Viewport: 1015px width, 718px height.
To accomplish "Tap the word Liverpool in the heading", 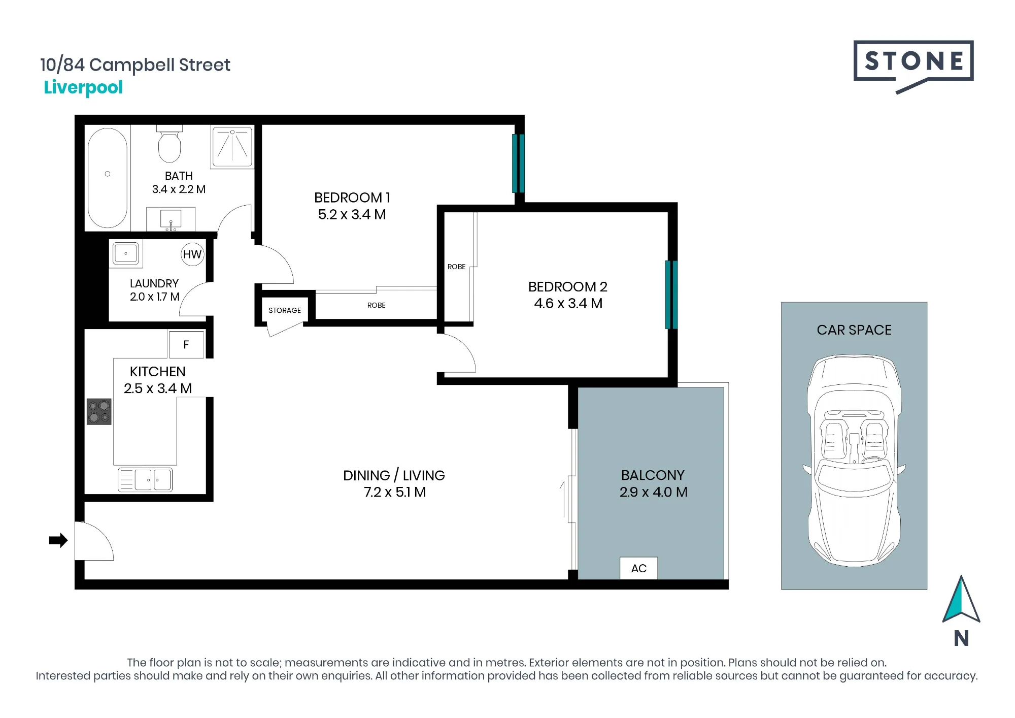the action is coord(83,88).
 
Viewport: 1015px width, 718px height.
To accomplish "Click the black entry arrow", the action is coord(58,540).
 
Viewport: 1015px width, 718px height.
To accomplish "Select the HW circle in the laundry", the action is coord(192,254).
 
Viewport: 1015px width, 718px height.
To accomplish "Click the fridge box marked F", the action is coord(186,345).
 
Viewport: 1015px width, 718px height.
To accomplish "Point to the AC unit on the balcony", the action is coord(639,568).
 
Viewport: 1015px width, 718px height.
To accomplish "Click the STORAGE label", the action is coord(285,310).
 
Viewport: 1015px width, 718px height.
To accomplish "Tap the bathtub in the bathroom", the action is coord(108,178).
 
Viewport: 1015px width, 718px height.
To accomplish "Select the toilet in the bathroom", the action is coord(170,144).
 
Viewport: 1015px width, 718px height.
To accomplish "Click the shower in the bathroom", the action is coord(232,147).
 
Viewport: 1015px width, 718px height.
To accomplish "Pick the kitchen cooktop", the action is coord(99,411).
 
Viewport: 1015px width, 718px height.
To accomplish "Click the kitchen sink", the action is coord(145,479).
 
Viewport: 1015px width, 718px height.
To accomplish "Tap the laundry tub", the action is coord(126,253).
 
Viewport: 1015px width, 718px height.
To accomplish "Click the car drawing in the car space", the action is coord(855,461).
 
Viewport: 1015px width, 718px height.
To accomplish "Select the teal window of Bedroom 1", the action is coord(518,163).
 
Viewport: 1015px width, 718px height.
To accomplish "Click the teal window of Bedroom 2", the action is coord(671,295).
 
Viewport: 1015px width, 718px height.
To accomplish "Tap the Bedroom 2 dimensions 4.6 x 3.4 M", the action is coord(568,304).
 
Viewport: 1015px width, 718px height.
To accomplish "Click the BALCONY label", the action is coord(653,475).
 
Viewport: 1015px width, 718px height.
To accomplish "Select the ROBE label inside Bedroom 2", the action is coord(456,267).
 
